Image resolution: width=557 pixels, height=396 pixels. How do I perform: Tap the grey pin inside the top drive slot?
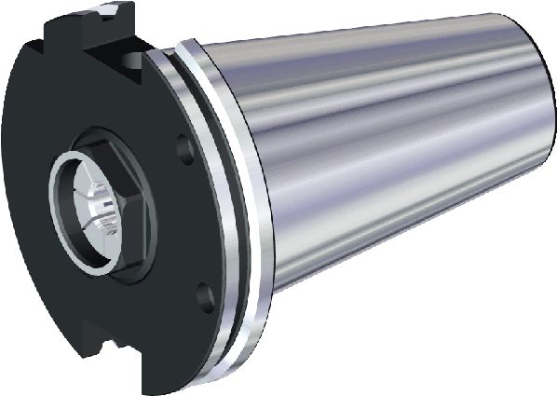[125, 58]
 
